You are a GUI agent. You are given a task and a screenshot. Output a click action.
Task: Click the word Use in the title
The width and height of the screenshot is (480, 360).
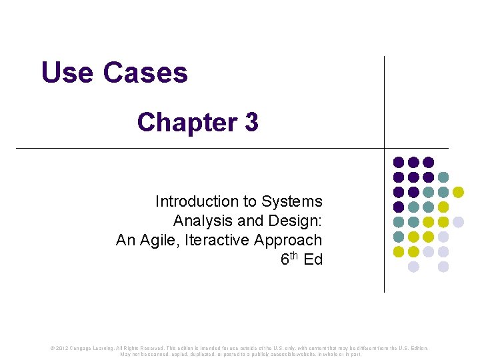click(67, 73)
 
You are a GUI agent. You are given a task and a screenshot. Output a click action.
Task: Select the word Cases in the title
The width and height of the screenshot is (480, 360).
click(145, 73)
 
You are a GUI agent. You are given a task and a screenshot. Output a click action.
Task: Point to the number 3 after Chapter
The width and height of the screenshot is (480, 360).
click(251, 123)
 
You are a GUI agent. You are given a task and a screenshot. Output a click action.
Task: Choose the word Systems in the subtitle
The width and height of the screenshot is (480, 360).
click(292, 201)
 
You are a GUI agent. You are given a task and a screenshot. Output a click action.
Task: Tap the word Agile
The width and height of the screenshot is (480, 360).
click(161, 240)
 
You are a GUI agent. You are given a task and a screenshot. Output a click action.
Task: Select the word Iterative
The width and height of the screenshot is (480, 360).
click(218, 240)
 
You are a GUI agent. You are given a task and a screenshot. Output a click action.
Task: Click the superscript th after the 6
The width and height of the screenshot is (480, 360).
click(294, 255)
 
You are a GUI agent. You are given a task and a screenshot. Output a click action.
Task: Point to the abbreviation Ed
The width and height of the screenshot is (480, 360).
click(313, 259)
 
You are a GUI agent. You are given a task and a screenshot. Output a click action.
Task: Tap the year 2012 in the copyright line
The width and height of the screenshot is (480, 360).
click(61, 348)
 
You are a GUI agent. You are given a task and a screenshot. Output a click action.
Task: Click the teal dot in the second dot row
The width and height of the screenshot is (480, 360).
click(443, 177)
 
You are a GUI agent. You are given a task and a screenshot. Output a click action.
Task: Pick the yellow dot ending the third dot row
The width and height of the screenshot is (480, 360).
click(458, 192)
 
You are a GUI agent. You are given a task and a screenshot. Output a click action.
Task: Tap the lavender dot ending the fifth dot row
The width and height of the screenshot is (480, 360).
click(458, 221)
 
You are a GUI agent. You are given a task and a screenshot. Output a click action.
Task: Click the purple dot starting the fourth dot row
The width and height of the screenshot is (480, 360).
click(399, 207)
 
